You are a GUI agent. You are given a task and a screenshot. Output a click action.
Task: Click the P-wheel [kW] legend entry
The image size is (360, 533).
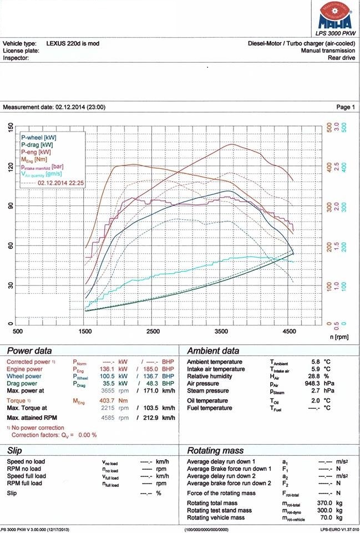coord(39,137)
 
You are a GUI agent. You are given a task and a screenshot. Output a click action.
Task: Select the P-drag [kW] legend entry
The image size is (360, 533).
coord(38,144)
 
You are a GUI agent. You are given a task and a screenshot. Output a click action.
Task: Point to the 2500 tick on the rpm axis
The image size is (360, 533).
coord(153,331)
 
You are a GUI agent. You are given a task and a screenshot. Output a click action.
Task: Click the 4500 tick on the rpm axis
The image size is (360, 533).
coord(288,331)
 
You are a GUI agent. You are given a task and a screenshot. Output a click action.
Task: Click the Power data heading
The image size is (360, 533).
coord(29,351)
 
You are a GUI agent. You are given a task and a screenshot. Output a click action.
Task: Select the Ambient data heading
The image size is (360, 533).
coord(214,351)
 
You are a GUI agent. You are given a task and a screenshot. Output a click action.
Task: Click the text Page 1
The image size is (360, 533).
coord(344,107)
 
